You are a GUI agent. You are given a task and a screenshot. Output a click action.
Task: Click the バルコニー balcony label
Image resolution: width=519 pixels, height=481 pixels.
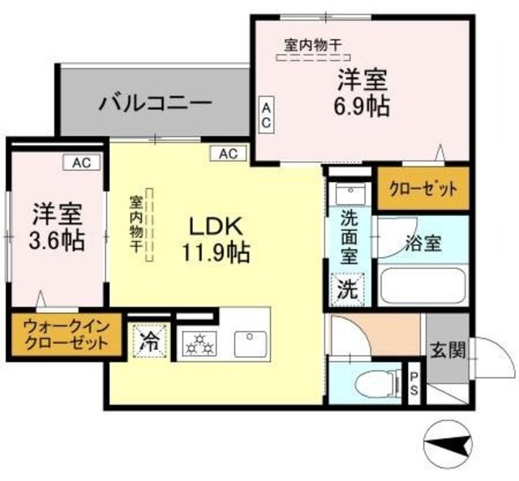pos(156,103)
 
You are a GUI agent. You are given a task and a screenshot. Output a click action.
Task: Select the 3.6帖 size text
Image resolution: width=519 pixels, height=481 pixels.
pos(58,241)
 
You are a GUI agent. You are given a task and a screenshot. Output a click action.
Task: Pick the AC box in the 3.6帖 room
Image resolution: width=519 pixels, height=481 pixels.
pos(81,163)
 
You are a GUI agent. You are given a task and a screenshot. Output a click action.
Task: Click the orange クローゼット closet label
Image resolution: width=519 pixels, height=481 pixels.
pos(422,188)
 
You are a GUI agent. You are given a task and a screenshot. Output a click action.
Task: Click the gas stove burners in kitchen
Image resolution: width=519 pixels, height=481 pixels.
pos(199,344)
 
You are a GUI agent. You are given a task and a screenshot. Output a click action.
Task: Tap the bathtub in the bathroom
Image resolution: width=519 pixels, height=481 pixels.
pos(422,286)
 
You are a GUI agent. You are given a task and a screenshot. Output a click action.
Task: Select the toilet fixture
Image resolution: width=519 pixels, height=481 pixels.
pos(382,382)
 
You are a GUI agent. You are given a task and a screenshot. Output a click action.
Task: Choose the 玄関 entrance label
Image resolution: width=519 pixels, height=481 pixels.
pos(447,350)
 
